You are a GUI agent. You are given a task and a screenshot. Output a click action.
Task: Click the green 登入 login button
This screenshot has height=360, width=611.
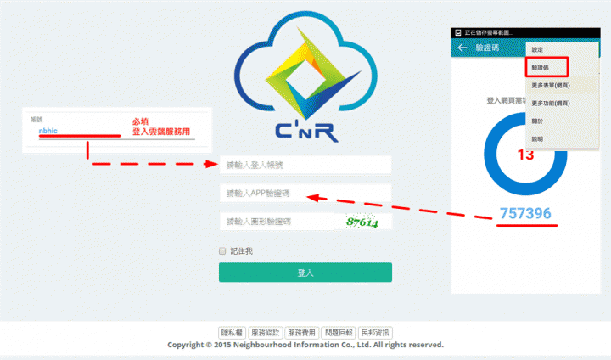point(305,273)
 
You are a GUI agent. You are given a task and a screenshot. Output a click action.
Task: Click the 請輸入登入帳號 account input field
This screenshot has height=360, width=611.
point(305,165)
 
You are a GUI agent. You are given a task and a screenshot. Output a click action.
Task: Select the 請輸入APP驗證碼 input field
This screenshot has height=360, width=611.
point(305,194)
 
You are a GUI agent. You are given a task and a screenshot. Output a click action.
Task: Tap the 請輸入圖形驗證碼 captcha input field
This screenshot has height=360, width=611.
point(275,222)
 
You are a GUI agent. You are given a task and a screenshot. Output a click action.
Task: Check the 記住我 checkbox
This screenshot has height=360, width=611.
point(223,251)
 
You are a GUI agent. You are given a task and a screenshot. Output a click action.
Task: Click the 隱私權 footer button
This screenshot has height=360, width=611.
point(232,333)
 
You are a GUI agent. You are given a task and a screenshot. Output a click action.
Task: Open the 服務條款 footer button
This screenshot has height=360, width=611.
point(266,333)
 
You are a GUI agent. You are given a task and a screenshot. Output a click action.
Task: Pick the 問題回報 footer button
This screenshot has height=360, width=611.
point(338,333)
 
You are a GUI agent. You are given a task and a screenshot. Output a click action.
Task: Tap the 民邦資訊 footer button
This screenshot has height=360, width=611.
point(374,333)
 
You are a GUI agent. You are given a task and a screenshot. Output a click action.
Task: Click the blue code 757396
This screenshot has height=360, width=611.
point(525,214)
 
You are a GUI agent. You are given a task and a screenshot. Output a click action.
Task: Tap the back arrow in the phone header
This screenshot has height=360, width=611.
point(462,48)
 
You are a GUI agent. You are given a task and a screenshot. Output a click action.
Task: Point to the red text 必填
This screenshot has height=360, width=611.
point(141,122)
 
